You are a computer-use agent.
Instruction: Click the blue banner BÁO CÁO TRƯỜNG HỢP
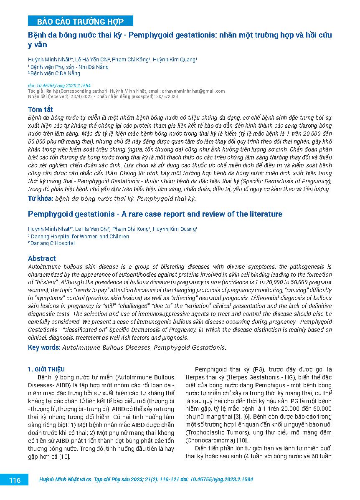coord(81,21)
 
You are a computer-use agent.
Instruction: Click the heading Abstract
coord(42,258)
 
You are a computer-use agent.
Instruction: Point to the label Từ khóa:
coord(40,198)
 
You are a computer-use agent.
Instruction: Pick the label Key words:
coord(44,347)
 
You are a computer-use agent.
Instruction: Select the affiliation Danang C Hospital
coord(53,243)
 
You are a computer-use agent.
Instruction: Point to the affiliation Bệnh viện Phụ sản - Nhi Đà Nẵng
coord(69,67)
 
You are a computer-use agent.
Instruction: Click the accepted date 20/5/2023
coord(167,96)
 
